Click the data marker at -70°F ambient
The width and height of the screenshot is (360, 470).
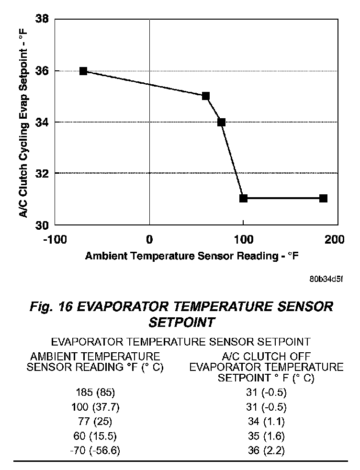(x=83, y=71)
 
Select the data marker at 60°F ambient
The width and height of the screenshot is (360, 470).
(x=206, y=96)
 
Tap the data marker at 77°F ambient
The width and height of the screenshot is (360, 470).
(x=221, y=122)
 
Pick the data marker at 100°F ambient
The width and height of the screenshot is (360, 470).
(x=243, y=198)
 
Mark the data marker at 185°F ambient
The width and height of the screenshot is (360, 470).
(x=323, y=198)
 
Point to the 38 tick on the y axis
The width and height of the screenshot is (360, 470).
(x=43, y=20)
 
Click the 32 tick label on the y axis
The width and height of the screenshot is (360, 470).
(x=43, y=173)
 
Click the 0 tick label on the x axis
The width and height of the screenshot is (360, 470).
(x=149, y=239)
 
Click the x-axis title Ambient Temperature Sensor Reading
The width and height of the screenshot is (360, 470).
(x=192, y=256)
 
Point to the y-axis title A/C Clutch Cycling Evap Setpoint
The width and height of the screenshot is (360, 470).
(x=22, y=122)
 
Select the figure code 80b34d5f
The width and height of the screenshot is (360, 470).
(x=326, y=279)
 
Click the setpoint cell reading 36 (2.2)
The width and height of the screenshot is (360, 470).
(x=266, y=450)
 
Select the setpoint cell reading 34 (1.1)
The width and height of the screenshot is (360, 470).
(x=266, y=422)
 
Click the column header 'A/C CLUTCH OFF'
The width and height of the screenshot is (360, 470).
(x=266, y=357)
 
